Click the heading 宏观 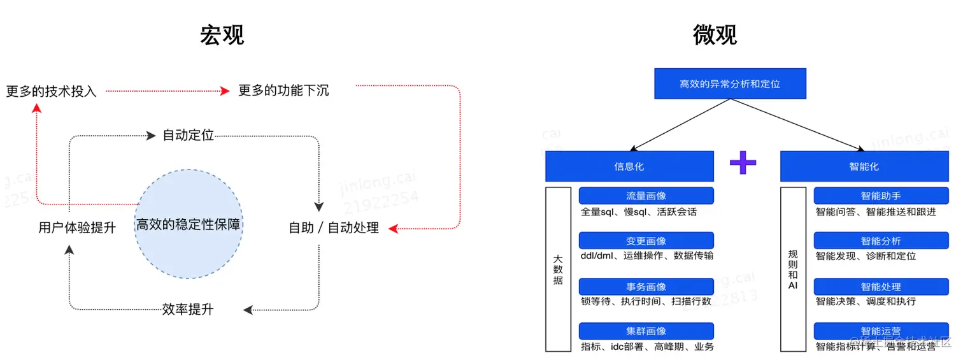point(222,35)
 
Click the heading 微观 point(715,35)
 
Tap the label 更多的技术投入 point(51,91)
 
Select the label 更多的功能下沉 point(283,90)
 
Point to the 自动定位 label point(188,135)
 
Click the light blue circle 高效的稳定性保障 point(189,224)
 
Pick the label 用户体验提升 point(77,227)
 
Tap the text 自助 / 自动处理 point(334,227)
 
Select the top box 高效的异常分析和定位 point(730,83)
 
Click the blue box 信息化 point(629,166)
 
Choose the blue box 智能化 point(864,166)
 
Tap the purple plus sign point(743,162)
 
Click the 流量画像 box point(646,196)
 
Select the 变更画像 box point(646,241)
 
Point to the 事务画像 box point(646,287)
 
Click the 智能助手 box point(881,196)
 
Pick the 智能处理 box point(881,287)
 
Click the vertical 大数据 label point(558,270)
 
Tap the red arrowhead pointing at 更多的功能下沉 point(224,91)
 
